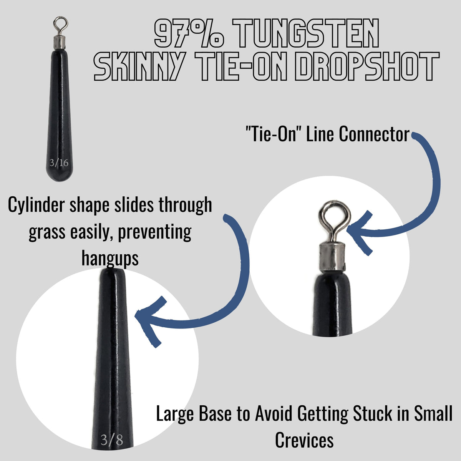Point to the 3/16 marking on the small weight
(59, 163)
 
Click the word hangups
(110, 259)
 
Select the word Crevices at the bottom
(304, 440)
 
